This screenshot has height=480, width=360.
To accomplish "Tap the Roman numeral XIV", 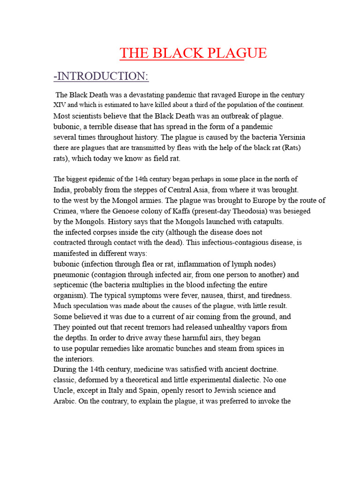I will point(60,105).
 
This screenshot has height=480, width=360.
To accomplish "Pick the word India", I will point(62,190).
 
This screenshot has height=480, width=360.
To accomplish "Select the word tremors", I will point(165,327).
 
